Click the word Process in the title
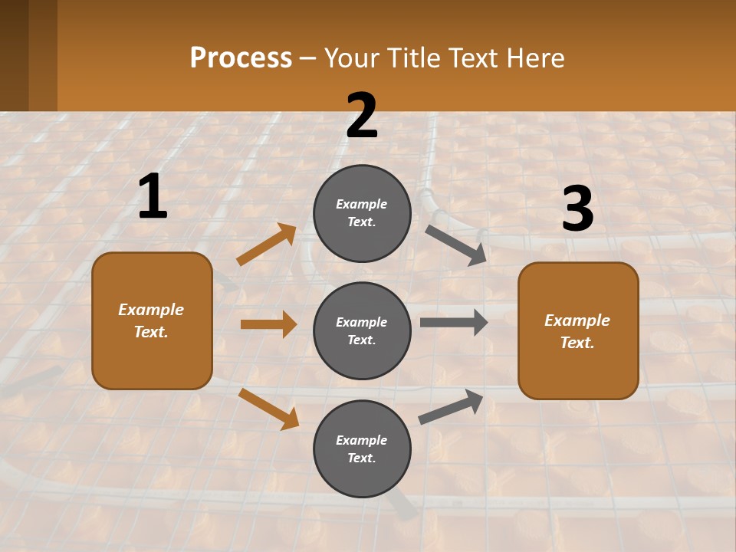241,58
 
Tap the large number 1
153,197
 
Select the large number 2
362,116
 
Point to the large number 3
577,209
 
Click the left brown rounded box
152,320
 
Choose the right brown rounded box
578,330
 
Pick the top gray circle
362,213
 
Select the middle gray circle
362,330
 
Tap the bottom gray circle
362,449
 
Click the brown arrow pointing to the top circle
267,245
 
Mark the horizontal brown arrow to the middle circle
268,324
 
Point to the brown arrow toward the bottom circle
268,409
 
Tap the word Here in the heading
536,58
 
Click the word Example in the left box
151,310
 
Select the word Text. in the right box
577,343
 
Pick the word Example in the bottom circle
362,440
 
